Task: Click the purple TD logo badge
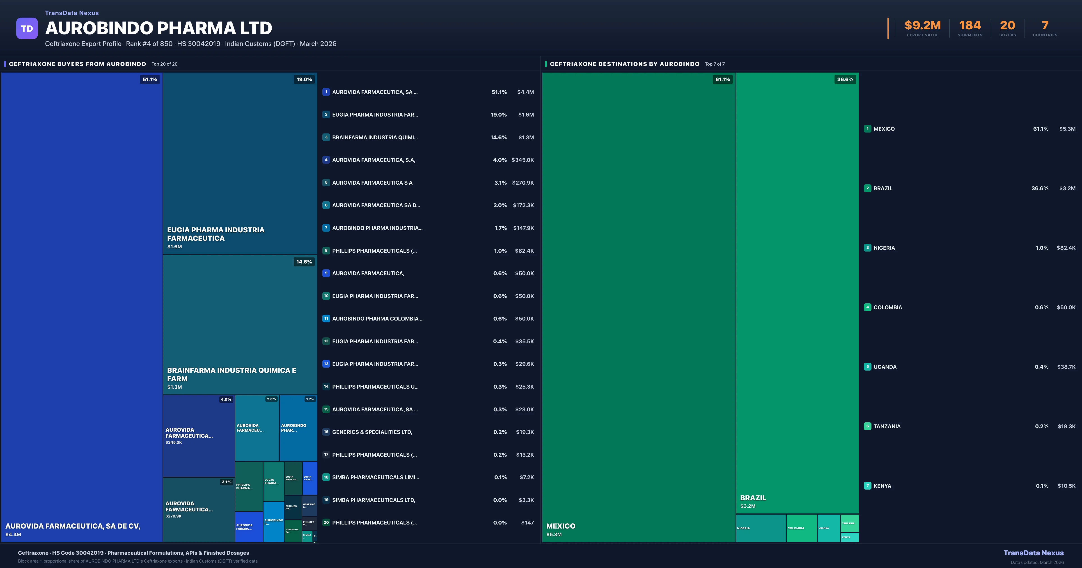[27, 29]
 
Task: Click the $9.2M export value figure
[922, 26]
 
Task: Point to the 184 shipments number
[970, 26]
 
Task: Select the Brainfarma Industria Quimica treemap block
[240, 323]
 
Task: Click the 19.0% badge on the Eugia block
[304, 79]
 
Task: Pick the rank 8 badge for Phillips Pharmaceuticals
[326, 251]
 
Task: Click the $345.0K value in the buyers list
[523, 160]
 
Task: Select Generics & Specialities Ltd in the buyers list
[372, 432]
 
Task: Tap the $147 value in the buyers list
[527, 523]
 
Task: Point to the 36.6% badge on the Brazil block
[845, 79]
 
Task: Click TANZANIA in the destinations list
[887, 426]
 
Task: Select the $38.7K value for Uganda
[1066, 367]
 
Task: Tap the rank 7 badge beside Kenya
[867, 486]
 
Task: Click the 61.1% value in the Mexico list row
[1041, 129]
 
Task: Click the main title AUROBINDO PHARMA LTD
[159, 28]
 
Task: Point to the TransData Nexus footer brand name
[1033, 553]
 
